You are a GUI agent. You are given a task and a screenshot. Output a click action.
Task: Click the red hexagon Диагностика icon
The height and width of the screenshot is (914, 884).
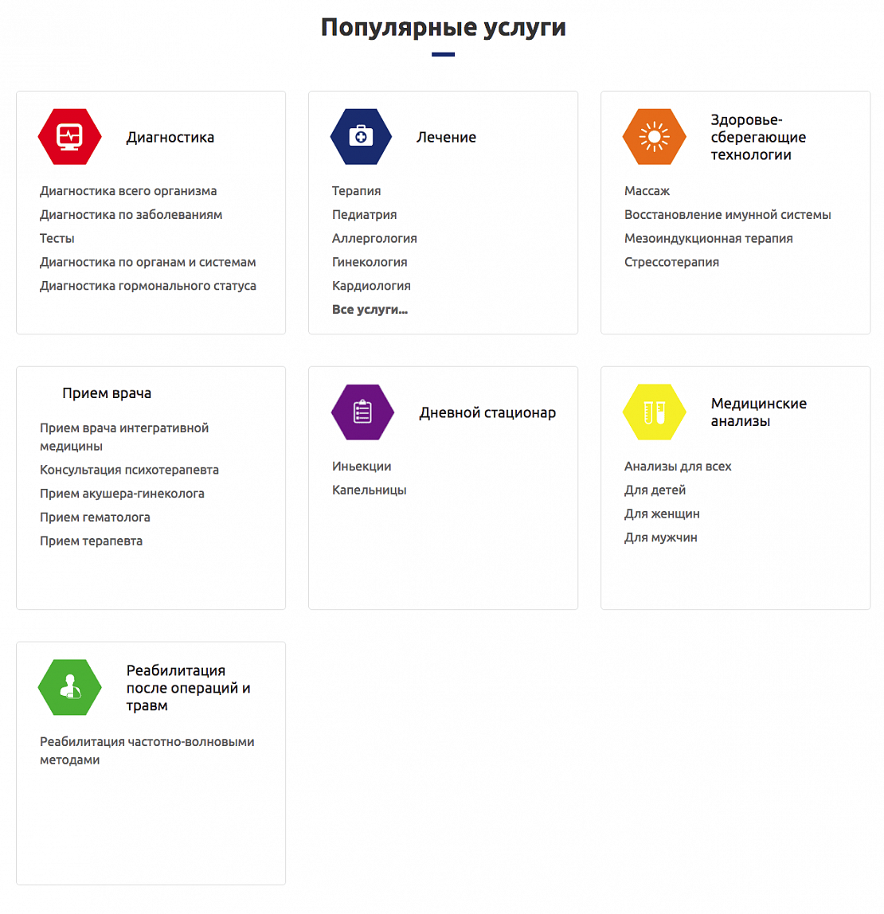(x=70, y=137)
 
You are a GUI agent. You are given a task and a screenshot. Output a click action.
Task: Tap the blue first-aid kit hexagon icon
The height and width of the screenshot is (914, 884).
(x=362, y=137)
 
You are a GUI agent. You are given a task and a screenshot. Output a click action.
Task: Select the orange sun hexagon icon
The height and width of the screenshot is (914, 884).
(x=654, y=137)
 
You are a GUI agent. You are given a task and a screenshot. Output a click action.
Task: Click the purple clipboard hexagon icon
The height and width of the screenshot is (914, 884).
(x=362, y=412)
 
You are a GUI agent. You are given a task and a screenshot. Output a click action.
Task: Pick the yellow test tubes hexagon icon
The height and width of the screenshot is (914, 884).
(x=654, y=412)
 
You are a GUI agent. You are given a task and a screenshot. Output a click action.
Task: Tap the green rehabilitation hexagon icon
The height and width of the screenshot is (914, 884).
(x=70, y=688)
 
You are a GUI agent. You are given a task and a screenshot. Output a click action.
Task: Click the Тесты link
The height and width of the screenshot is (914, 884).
(x=57, y=238)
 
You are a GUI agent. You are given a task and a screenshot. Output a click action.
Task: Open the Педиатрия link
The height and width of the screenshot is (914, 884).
(x=364, y=214)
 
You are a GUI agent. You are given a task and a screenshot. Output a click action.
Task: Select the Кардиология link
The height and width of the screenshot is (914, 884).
(x=371, y=286)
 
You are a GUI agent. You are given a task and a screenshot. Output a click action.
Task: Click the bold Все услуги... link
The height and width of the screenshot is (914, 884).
(x=370, y=310)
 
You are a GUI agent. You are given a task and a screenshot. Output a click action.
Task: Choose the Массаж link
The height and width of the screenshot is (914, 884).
(x=647, y=191)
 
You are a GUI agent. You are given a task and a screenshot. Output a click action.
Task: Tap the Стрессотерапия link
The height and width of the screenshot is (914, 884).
(x=671, y=262)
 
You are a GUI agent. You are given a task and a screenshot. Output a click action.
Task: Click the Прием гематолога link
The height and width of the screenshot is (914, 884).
(x=95, y=518)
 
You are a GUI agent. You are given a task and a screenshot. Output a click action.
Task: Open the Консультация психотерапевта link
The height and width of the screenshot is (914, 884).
(x=129, y=470)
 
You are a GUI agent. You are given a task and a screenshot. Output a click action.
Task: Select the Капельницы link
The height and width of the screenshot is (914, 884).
(x=369, y=490)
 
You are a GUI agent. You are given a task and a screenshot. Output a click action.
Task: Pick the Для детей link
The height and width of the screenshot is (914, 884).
(x=655, y=490)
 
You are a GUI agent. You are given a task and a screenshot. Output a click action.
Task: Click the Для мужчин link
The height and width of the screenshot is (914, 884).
(x=660, y=537)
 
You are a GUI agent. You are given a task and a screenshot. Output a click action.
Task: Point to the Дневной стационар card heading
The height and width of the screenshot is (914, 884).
(x=487, y=412)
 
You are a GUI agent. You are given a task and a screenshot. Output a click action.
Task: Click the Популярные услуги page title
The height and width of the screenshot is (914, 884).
(x=443, y=27)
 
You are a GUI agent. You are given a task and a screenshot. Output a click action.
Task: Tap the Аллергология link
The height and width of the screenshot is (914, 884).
(x=374, y=238)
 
